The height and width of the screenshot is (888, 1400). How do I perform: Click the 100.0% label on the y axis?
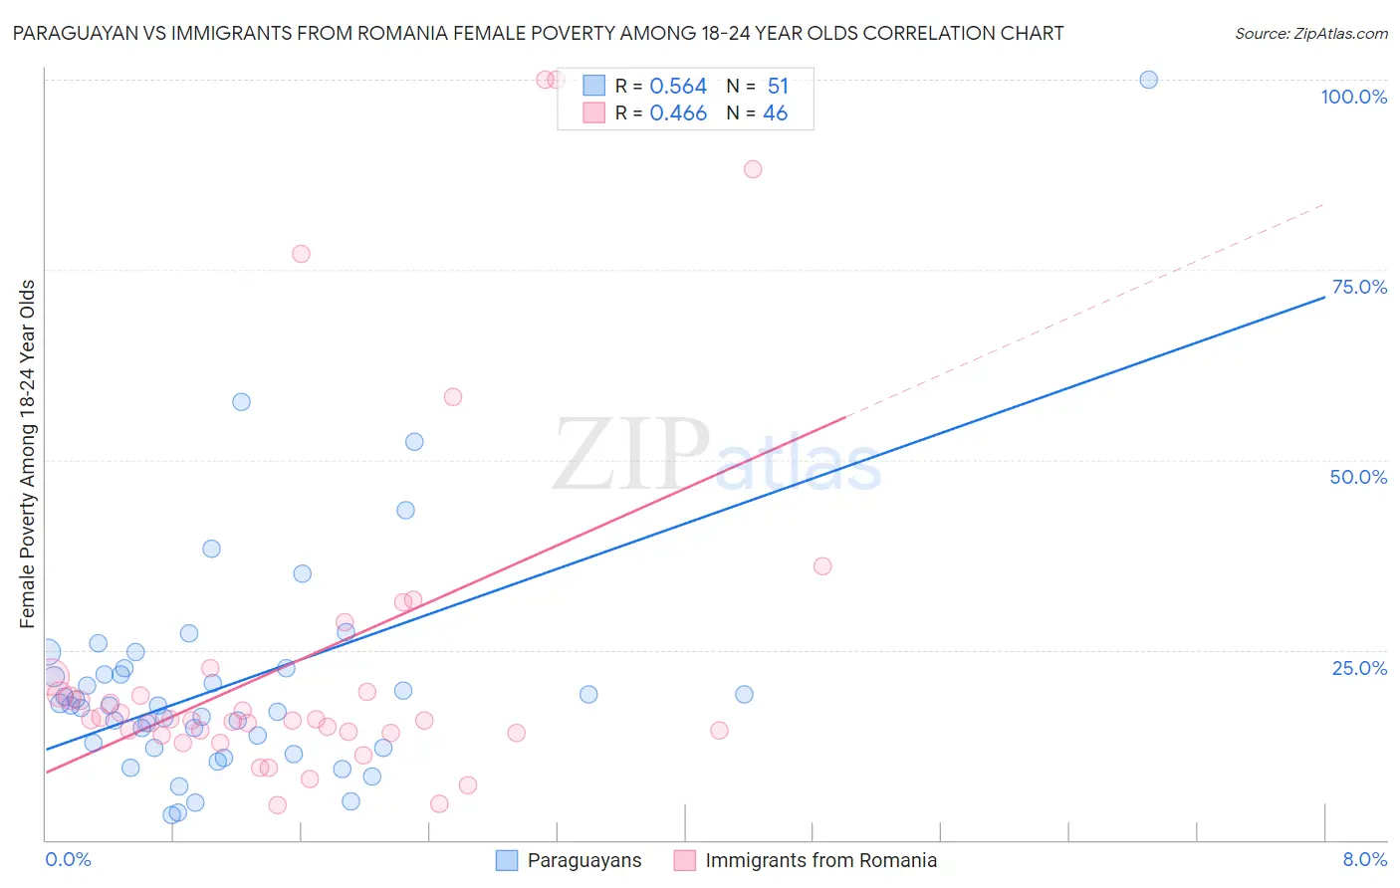coord(1353,97)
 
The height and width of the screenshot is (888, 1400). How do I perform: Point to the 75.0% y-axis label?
coord(1359,287)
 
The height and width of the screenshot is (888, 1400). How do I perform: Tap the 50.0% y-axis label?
coord(1358,477)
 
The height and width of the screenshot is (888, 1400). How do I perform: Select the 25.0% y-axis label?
coord(1359,668)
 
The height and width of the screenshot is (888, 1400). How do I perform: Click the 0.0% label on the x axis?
coord(68,859)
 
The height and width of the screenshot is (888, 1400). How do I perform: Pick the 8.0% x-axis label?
coord(1364,859)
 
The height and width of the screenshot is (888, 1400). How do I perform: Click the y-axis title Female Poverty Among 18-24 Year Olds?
coord(27,454)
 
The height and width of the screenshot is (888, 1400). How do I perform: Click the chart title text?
coord(538,33)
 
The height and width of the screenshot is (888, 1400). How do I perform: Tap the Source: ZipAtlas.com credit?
coord(1310,33)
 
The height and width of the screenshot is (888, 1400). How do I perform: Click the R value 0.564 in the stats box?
coord(678,87)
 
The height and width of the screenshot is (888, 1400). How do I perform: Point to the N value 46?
coord(775,113)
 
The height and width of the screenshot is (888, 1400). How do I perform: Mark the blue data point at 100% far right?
coord(1148,80)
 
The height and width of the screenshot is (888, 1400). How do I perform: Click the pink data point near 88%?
coord(753,169)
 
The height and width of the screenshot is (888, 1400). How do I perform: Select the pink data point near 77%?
coord(301,254)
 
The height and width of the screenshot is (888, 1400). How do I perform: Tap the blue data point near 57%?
coord(241,402)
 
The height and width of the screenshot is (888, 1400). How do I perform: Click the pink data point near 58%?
coord(453,397)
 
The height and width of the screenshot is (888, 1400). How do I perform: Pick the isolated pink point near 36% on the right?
coord(822,566)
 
